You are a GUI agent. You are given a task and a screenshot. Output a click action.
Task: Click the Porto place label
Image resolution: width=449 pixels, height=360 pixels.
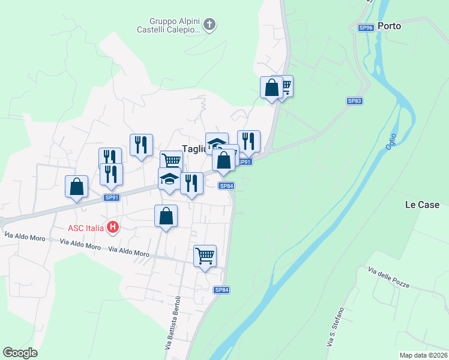coord(390,26)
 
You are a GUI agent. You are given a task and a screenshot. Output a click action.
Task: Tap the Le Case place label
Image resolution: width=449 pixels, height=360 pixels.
coord(422,205)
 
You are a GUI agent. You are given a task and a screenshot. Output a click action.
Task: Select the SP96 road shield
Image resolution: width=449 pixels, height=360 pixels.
coord(366,28)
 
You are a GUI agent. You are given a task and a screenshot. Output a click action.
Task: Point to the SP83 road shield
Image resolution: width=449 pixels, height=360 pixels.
coord(355,101)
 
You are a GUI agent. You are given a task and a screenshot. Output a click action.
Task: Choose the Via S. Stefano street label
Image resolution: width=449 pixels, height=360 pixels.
coord(335,326)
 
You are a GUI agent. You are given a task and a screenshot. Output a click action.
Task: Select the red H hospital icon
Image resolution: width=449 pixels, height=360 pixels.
coord(112,227)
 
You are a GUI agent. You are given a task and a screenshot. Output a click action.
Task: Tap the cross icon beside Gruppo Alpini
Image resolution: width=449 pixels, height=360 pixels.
coord(209,25)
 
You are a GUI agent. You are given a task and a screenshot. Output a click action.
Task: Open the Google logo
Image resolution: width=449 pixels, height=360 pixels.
coord(20,353)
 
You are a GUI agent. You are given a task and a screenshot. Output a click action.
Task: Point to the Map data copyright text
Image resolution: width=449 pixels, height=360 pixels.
coord(423,355)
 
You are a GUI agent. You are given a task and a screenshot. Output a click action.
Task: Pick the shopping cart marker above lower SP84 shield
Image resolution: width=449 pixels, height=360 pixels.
coord(205,256)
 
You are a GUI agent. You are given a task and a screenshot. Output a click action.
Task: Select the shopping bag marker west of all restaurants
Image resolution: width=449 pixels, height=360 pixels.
coord(77,187)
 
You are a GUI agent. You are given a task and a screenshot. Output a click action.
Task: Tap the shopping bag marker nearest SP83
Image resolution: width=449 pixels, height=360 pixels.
coord(271,88)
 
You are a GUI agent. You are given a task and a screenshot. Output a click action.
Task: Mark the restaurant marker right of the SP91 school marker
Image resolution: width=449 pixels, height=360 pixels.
coord(191,184)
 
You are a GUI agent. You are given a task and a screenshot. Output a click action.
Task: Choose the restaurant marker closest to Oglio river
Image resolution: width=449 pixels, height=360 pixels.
coord(249,142)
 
